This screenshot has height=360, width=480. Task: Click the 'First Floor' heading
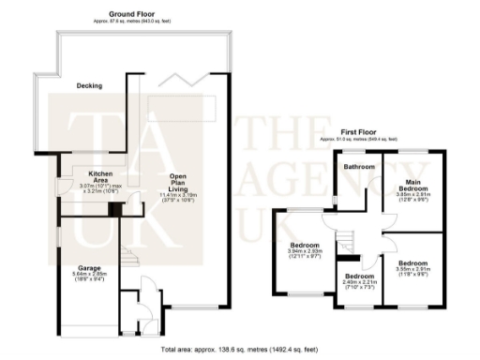(x=360, y=132)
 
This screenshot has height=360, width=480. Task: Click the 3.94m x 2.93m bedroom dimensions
(x=305, y=252)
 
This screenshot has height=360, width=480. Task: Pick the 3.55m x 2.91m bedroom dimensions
(x=413, y=271)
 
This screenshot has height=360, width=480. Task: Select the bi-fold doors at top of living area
(x=200, y=77)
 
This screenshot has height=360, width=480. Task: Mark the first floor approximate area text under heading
(x=360, y=140)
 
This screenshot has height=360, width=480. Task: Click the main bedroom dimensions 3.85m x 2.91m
(x=415, y=197)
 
